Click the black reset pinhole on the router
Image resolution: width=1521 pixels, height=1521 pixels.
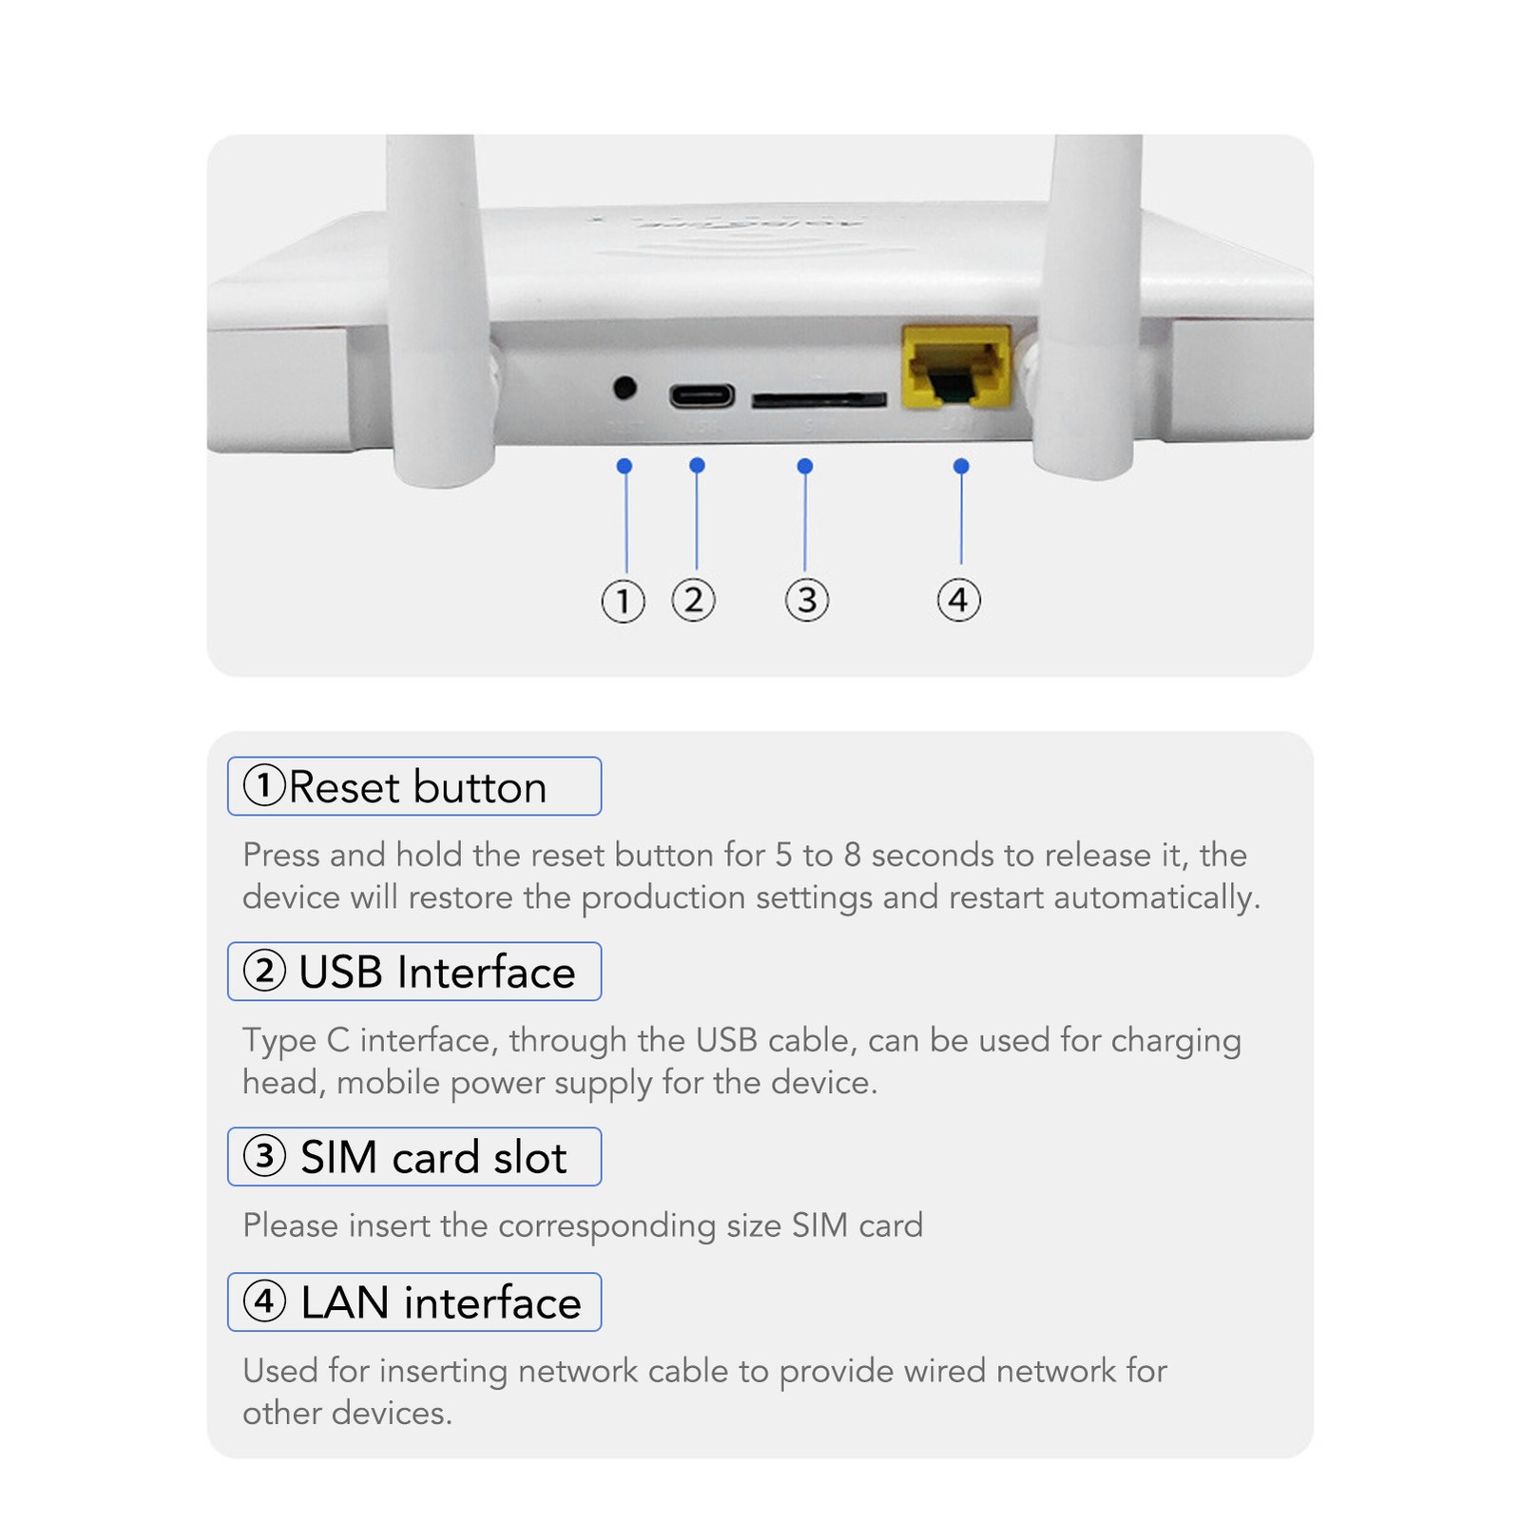625,388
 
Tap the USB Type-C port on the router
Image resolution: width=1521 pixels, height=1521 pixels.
702,395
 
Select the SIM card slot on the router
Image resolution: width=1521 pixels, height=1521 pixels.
818,400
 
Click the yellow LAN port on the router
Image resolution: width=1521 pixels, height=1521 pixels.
955,369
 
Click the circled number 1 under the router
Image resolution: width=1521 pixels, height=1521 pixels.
623,601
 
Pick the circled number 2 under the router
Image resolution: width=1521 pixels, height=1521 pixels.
693,600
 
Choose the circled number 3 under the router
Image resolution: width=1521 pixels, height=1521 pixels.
806,600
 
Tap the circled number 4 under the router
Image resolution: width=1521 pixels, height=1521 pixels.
958,600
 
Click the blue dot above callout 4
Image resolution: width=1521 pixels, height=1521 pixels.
961,466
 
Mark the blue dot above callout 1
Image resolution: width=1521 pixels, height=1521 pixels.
625,466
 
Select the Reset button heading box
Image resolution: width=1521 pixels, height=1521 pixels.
414,786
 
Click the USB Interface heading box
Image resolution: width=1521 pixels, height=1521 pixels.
414,972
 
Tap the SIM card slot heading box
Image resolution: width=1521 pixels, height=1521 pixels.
414,1157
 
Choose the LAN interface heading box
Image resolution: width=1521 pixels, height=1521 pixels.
414,1302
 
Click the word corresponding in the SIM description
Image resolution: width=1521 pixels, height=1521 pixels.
606,1226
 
